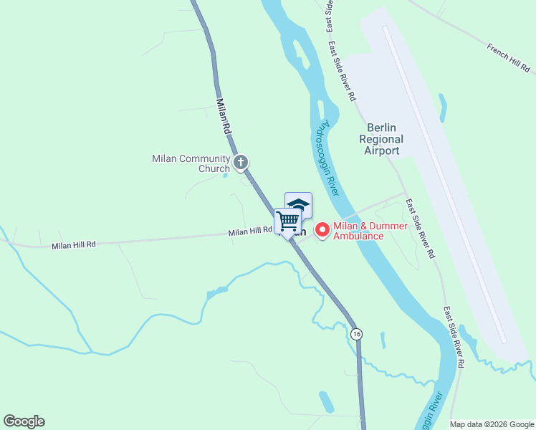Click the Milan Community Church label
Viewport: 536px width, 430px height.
(191, 163)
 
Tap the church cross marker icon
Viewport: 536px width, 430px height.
(241, 163)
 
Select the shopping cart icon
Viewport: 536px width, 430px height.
(287, 220)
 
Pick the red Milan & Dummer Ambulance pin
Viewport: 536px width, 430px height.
(322, 229)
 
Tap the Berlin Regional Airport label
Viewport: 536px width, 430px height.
(382, 139)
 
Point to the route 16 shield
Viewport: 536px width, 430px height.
(357, 334)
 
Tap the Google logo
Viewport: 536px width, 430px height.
(24, 421)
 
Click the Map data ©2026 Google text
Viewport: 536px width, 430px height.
(492, 424)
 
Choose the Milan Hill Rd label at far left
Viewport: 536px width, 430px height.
(73, 245)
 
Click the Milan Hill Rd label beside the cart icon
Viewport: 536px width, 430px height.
(251, 231)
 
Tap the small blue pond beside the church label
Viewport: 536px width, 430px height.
(226, 174)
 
